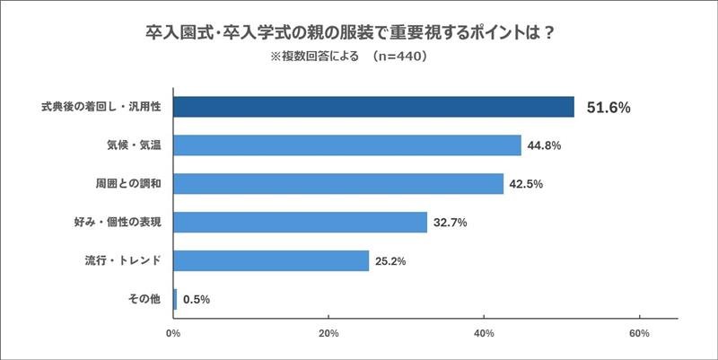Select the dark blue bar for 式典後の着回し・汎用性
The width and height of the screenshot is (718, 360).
pos(373,106)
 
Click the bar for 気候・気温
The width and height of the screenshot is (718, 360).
pos(347,145)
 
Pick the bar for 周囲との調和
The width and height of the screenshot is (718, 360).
pos(338,184)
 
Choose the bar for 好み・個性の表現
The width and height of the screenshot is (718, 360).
pos(300,222)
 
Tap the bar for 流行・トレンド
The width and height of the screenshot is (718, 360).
pos(271,260)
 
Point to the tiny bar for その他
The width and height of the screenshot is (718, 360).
pos(175,299)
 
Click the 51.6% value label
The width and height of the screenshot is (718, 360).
pos(609,107)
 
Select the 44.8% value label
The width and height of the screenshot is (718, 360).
pos(544,145)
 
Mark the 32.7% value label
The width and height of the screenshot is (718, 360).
pos(451,223)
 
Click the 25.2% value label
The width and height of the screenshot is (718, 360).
pos(391,261)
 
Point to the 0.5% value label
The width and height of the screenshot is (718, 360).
pos(197,300)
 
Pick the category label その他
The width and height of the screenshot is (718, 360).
pos(145,299)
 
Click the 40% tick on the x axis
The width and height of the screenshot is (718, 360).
pos(485,334)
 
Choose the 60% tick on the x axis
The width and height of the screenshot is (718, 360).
pos(640,334)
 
